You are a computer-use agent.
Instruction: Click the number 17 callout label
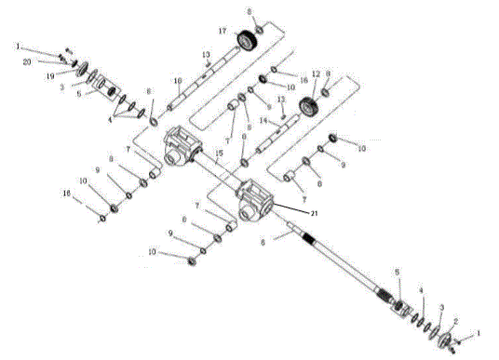(222, 32)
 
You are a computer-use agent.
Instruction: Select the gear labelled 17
(247, 40)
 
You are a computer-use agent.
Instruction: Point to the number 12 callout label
(316, 73)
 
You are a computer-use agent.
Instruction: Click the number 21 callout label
(315, 214)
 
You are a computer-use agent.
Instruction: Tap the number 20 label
(27, 60)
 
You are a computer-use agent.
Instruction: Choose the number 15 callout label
(219, 152)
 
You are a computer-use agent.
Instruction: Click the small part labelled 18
(102, 218)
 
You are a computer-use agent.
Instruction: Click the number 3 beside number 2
(441, 306)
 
